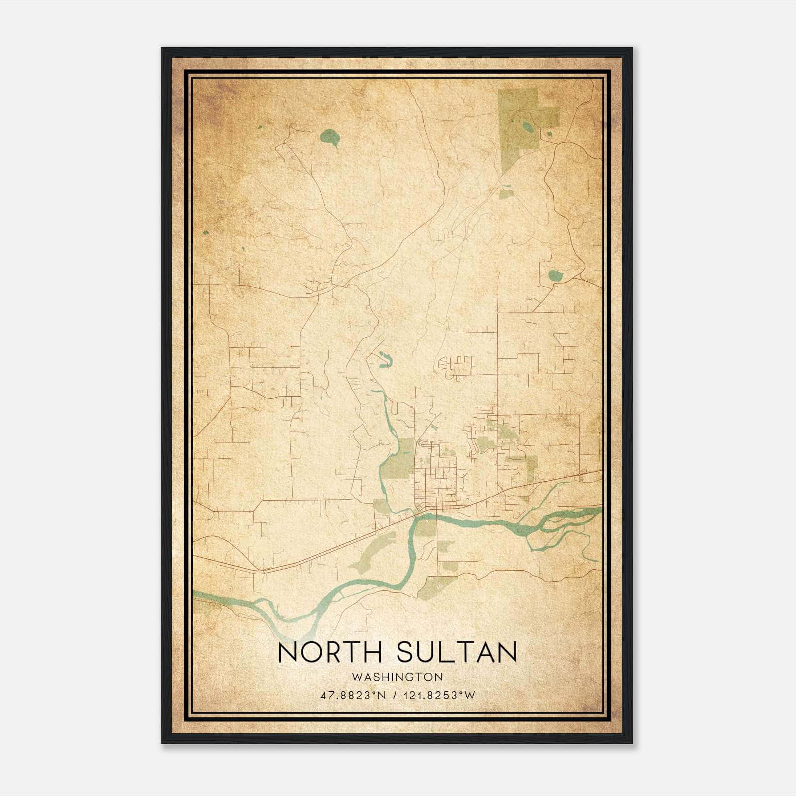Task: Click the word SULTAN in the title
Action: coord(457,652)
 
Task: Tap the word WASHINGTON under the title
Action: coord(398,677)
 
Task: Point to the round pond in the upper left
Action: coord(329,136)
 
